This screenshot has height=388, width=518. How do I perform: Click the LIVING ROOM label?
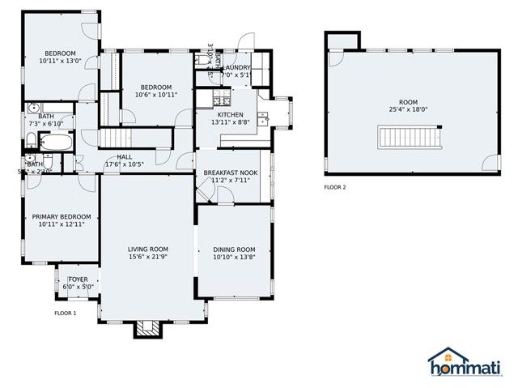148,249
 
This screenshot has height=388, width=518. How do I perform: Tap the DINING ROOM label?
234,249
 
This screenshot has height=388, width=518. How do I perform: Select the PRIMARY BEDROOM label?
61,216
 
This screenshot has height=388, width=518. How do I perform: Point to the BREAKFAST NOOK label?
231,173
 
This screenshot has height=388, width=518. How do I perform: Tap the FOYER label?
79,279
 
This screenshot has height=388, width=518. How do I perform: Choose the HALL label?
124,156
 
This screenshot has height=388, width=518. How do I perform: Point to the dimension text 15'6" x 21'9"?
148,257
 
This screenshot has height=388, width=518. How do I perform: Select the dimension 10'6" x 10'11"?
155,95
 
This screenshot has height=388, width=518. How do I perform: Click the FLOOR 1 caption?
65,313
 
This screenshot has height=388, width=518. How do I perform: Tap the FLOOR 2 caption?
334,187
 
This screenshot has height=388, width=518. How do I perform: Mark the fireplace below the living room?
147,328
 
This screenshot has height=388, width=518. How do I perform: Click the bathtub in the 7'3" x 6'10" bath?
56,143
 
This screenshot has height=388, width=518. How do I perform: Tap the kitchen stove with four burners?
219,100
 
